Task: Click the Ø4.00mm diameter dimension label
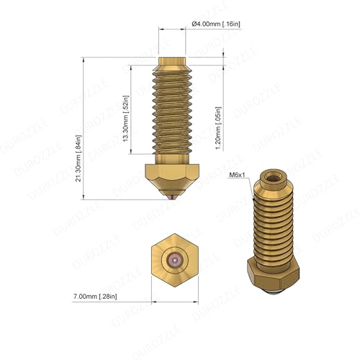(216, 24)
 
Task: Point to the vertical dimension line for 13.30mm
(132, 112)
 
